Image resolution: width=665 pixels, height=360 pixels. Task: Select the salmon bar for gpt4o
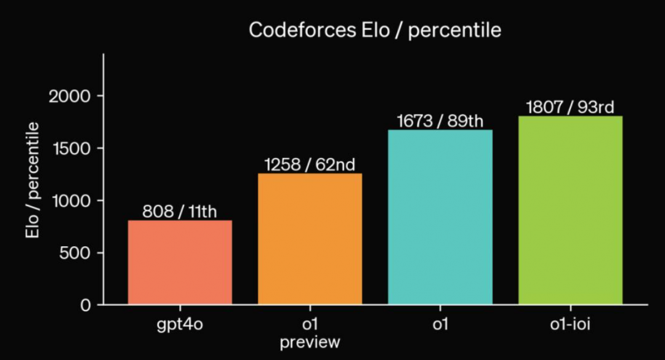pos(180,262)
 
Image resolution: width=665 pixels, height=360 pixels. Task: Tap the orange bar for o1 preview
pos(310,239)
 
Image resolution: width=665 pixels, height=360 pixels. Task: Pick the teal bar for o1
pos(440,217)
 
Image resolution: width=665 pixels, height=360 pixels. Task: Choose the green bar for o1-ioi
pos(570,210)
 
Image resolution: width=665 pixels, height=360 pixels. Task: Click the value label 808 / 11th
pos(179,211)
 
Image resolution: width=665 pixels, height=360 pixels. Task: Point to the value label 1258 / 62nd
pos(310,164)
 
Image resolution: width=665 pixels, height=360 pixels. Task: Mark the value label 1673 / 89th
pos(440,121)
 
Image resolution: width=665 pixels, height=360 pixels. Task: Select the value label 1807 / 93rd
pos(570,107)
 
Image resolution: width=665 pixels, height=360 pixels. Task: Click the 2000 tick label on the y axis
pos(70,96)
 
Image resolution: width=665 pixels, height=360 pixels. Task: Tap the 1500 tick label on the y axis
pos(71,148)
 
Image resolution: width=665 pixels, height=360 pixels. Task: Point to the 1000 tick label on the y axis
pos(71,201)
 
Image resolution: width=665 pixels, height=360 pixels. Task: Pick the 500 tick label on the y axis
pos(75,253)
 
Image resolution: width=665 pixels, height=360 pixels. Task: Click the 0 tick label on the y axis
pos(86,305)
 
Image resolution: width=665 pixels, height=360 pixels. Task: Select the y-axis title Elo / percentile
pos(33,180)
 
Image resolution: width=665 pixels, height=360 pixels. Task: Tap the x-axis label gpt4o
pos(180,325)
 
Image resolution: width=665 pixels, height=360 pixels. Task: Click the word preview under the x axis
pos(310,342)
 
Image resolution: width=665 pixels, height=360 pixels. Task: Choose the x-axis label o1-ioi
pos(570,324)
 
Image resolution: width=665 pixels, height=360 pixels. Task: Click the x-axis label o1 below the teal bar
pos(440,324)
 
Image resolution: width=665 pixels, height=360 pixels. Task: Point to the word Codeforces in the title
pos(302,30)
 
